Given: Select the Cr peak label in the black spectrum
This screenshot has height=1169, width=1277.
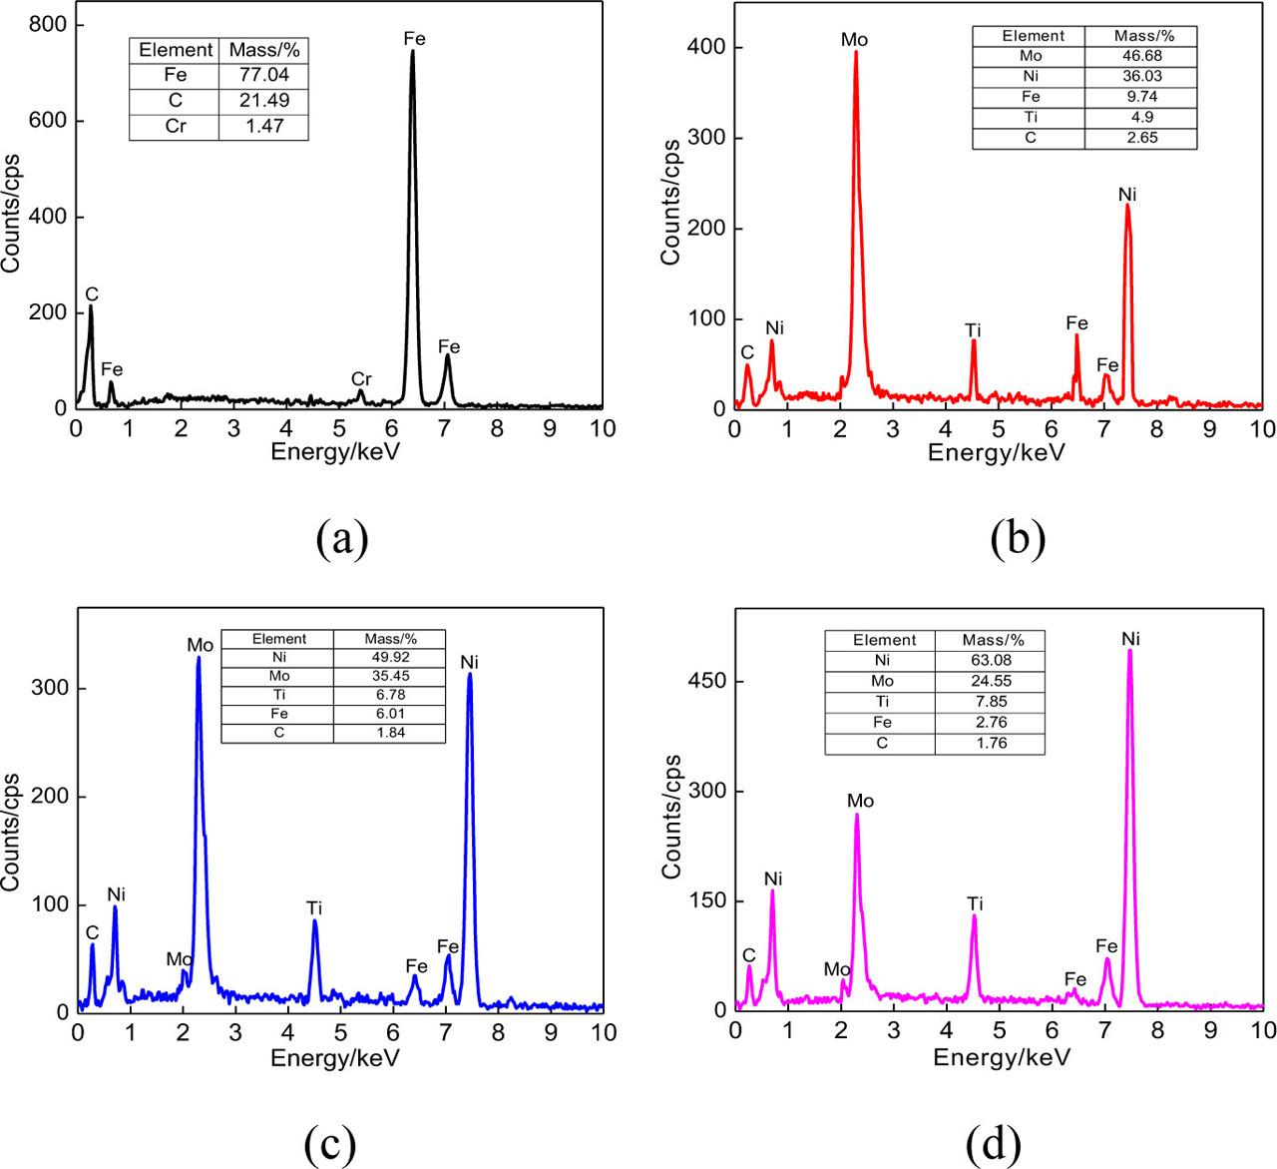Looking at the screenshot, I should tap(361, 379).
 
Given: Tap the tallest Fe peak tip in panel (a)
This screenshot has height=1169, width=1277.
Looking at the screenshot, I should tap(412, 52).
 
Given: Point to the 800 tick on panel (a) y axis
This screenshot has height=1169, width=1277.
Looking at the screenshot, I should tap(48, 25).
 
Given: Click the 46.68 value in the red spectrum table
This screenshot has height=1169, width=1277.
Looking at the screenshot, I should tap(1141, 56).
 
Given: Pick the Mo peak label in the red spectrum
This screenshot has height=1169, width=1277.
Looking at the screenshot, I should tap(855, 40).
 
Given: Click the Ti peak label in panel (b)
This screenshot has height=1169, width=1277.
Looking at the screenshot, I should tap(974, 330).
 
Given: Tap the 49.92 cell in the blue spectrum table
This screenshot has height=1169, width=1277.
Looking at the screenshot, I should tap(389, 658).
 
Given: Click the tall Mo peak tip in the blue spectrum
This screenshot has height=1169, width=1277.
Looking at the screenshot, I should tap(199, 658).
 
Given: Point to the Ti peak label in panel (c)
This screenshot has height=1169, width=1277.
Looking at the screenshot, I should tap(314, 907).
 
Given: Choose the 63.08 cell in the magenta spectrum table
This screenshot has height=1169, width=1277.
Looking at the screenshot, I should tap(990, 660).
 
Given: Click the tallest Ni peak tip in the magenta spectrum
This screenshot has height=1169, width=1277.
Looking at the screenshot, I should tap(1129, 651).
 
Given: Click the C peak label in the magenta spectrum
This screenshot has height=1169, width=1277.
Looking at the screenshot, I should tap(749, 955).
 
